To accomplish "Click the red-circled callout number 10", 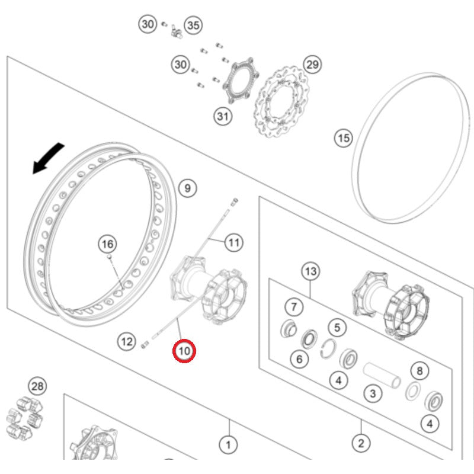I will [x=184, y=351].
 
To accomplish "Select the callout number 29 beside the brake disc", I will [x=312, y=64].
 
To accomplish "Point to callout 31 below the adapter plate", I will [x=222, y=117].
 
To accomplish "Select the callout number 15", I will [x=343, y=139].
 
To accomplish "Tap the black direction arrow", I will [x=47, y=158].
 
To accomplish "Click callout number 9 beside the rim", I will [x=187, y=188].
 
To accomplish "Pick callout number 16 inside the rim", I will [x=107, y=244].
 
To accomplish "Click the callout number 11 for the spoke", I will [x=235, y=242].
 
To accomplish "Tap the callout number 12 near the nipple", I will [x=126, y=341].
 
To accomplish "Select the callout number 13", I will [x=310, y=272].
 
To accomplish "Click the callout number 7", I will [x=293, y=307].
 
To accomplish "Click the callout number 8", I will [x=419, y=371].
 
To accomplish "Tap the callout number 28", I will [x=37, y=387].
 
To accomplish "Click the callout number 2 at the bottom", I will [x=361, y=442].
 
